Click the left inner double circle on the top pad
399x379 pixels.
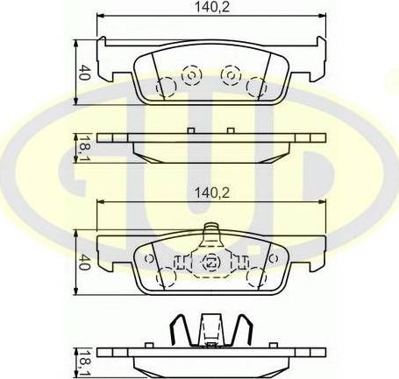pyautogui.click(x=189, y=76)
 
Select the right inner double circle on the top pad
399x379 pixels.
pyautogui.click(x=231, y=76)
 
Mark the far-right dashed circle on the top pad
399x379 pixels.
pyautogui.click(x=255, y=87)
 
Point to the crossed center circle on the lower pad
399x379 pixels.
pyautogui.click(x=210, y=262)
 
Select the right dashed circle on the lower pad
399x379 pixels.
pyautogui.click(x=256, y=277)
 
